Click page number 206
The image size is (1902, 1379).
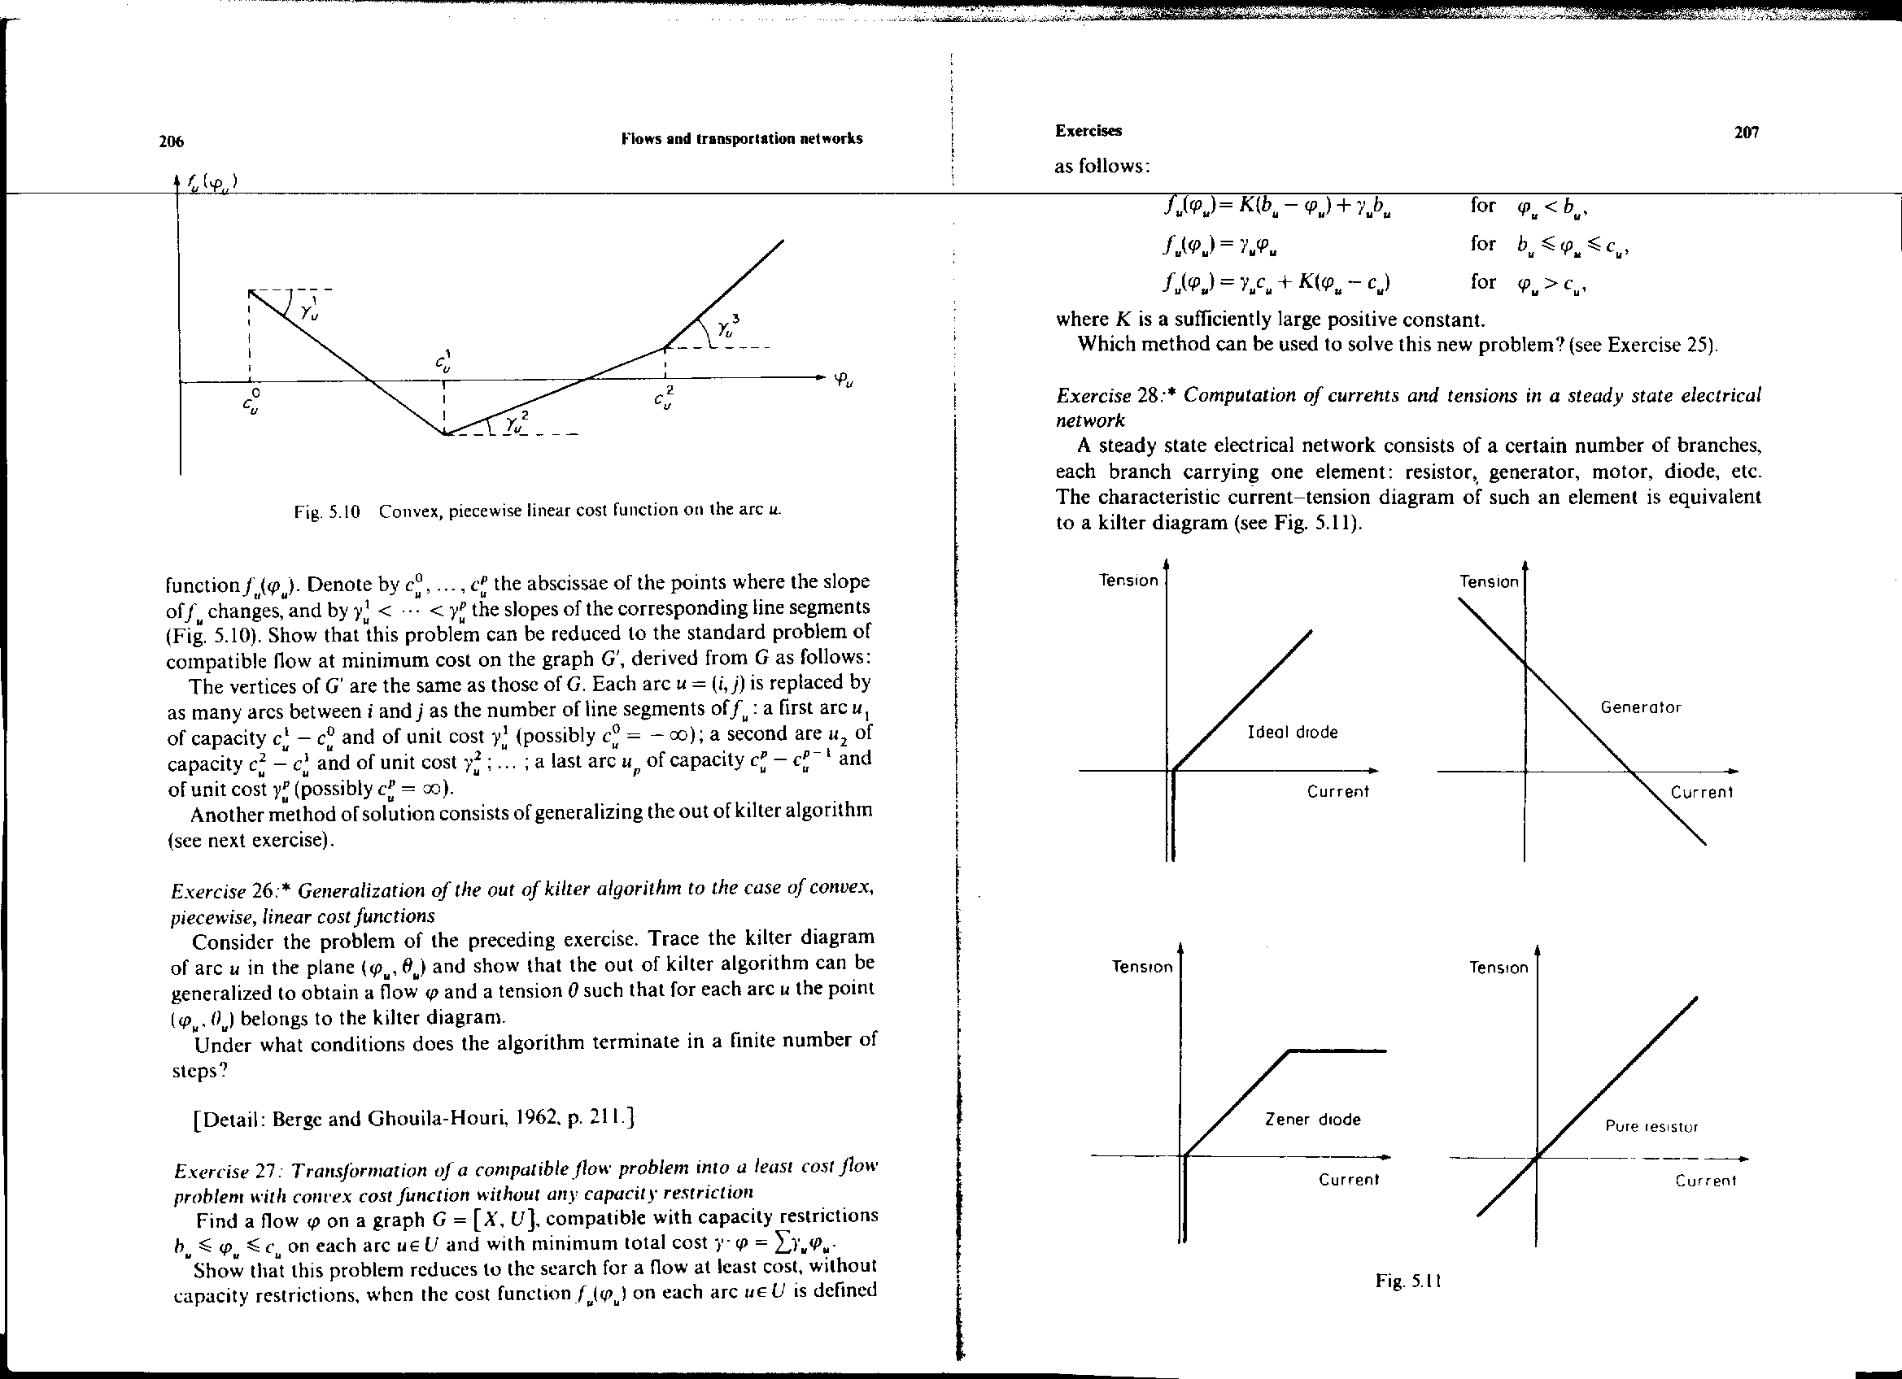click(x=171, y=141)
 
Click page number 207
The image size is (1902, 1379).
click(x=1746, y=133)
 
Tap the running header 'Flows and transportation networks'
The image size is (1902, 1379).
click(x=741, y=138)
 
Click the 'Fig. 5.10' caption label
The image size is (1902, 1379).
click(x=327, y=511)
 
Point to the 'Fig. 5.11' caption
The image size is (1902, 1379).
click(x=1408, y=1281)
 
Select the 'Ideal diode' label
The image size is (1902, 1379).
click(x=1293, y=732)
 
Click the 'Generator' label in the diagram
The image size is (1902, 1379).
click(x=1640, y=707)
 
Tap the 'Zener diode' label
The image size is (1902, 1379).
click(x=1312, y=1119)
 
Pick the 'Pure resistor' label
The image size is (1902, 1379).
click(x=1651, y=1127)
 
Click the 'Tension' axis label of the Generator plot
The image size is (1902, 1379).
click(x=1489, y=582)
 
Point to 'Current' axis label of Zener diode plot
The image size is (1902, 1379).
click(x=1349, y=1180)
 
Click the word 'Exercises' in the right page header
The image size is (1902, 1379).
click(x=1088, y=131)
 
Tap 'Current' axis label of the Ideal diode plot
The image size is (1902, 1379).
click(x=1337, y=790)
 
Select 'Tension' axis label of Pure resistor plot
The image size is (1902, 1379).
click(x=1498, y=968)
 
